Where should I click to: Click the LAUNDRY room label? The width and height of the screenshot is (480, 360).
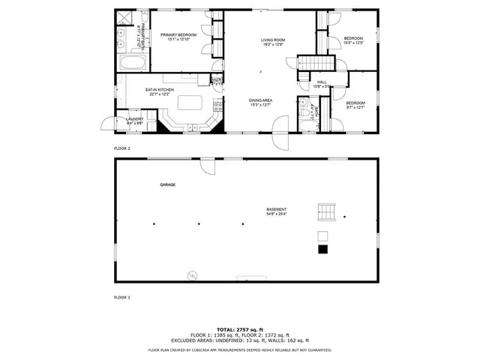134,120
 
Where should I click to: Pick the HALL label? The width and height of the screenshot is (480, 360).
322,84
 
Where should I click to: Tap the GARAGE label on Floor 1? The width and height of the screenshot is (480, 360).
167,184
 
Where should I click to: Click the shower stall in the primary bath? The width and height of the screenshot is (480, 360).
124,17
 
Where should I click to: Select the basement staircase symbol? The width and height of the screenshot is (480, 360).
325,212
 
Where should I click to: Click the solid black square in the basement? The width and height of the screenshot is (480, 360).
322,250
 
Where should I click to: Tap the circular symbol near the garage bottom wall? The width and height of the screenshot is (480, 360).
192,275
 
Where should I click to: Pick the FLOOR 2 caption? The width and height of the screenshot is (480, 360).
121,148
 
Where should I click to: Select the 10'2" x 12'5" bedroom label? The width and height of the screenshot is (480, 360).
353,40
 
